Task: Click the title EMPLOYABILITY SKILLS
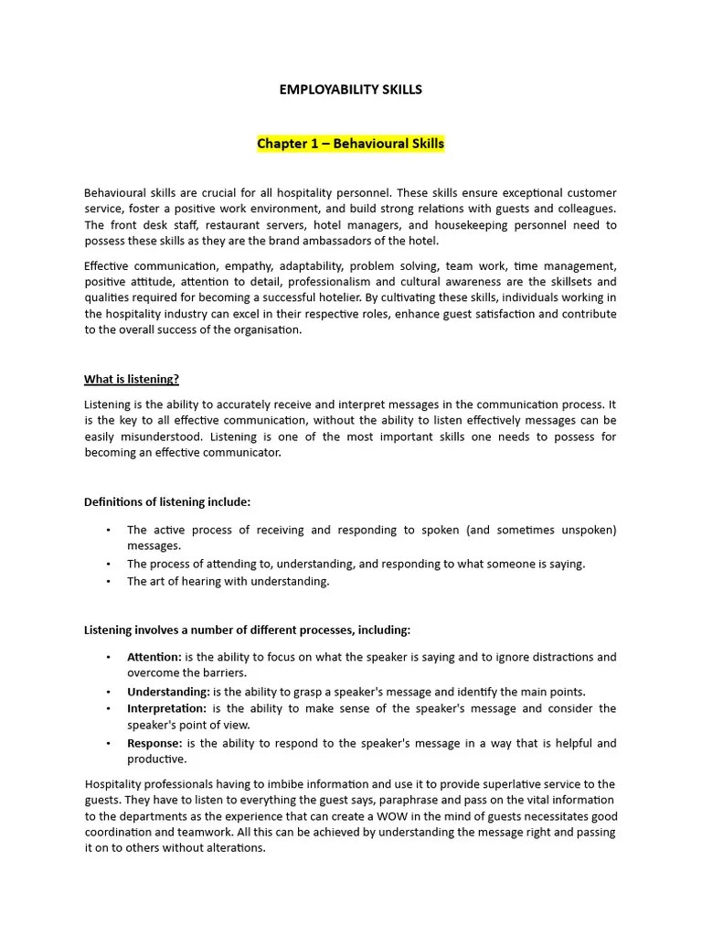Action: [350, 90]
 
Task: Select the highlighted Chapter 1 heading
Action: [350, 144]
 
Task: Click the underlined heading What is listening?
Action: [132, 379]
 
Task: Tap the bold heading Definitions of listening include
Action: [167, 501]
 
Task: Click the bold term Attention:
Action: [154, 657]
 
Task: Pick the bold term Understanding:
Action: [168, 692]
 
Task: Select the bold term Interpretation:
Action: [166, 708]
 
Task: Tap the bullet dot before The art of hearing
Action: [108, 582]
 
